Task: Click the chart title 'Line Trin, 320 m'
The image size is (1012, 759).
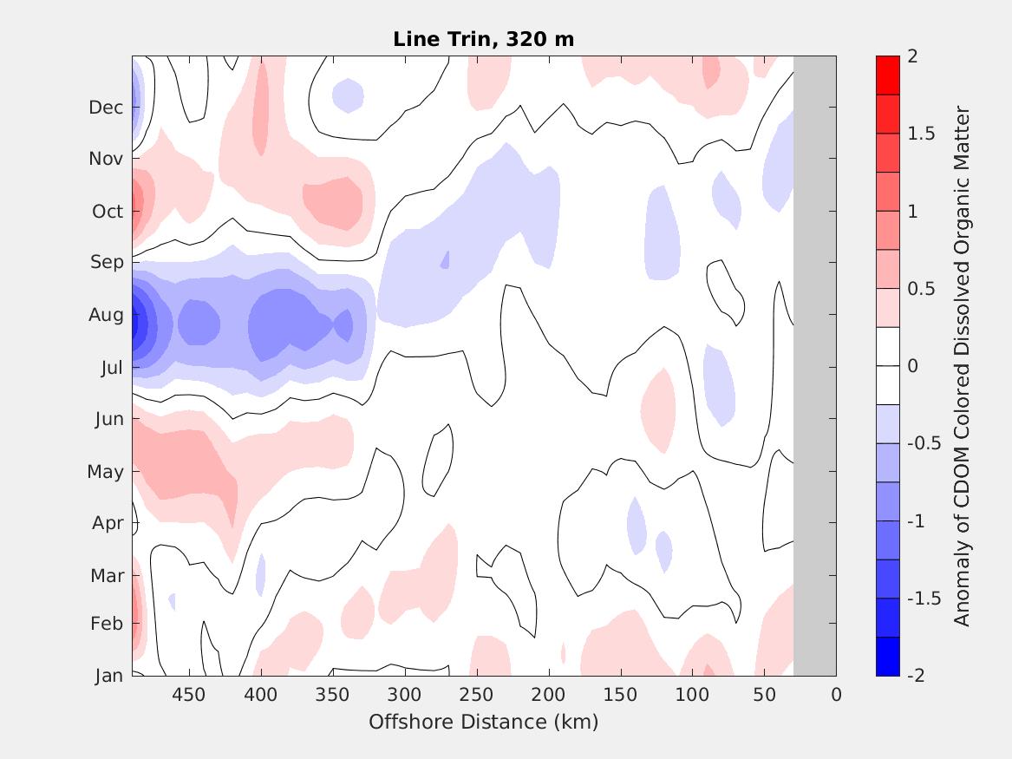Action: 483,39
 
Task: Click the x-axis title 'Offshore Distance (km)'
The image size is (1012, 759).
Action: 483,722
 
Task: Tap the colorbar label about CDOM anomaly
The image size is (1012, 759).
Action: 962,365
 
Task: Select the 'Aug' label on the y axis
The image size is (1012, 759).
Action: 107,315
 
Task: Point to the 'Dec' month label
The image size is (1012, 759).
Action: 106,108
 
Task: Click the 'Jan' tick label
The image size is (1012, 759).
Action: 108,676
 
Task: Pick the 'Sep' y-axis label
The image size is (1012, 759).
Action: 108,262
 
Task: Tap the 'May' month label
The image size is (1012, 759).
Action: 105,472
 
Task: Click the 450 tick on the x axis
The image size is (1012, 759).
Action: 188,695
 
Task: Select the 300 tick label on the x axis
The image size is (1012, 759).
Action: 404,695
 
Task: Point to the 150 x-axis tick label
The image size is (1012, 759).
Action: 620,695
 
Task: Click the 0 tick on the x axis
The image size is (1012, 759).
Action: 836,695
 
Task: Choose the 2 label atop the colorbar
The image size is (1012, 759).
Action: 911,56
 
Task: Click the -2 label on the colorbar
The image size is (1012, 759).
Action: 915,676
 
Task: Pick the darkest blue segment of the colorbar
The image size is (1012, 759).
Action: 888,656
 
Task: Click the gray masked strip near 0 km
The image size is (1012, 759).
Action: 814,365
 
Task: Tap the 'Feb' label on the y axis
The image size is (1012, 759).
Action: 107,624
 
